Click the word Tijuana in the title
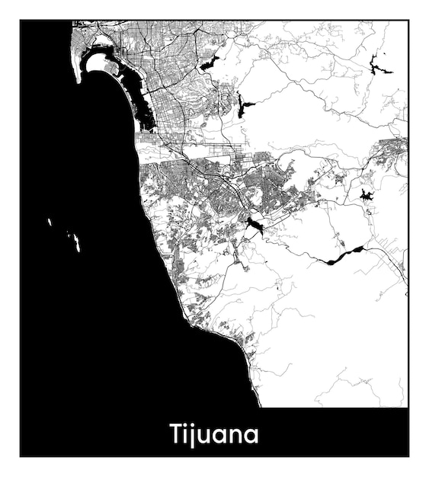(214, 434)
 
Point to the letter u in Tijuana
(206, 437)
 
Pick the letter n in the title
(237, 437)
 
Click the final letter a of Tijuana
(252, 437)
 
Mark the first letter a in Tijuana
(222, 437)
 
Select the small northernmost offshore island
(49, 222)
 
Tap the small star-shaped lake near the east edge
(367, 196)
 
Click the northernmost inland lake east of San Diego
(209, 63)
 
